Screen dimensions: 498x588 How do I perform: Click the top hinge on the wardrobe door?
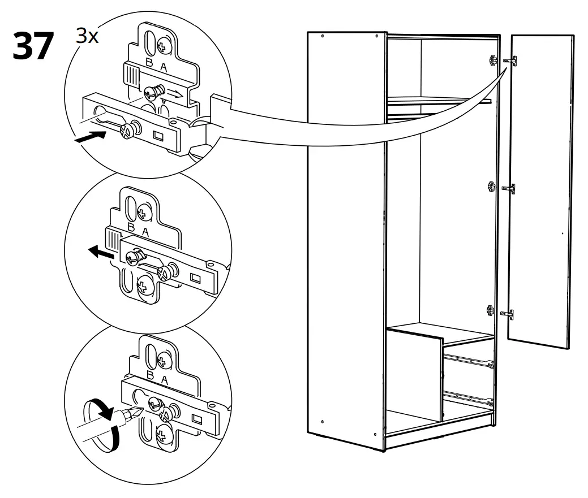(x=512, y=60)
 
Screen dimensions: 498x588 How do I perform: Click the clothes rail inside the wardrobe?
(x=438, y=100)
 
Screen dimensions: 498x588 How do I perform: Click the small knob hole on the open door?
(x=562, y=232)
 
